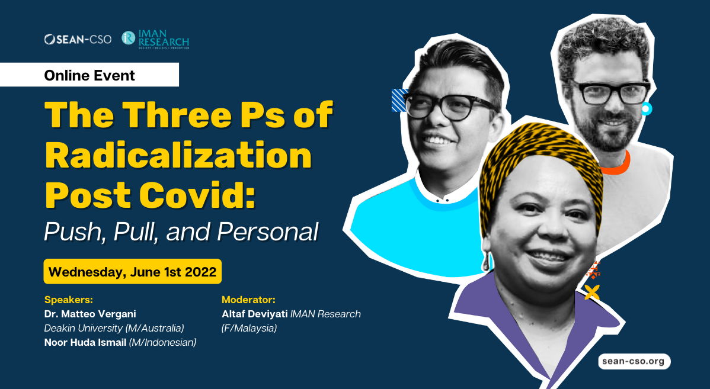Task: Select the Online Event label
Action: (89, 75)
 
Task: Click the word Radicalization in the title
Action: (178, 156)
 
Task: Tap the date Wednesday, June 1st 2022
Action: (132, 272)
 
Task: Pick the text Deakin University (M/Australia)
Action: (114, 327)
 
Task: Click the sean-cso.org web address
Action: (634, 361)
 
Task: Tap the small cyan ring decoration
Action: (645, 108)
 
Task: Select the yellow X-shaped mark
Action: (591, 291)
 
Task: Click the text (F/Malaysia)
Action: (249, 327)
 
